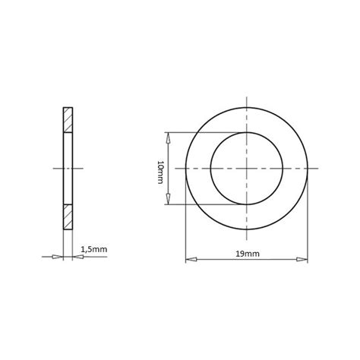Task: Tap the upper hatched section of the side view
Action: click(x=68, y=119)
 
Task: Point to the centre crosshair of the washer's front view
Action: click(x=247, y=168)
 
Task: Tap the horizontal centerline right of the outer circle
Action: click(x=314, y=168)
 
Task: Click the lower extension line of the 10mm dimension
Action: click(x=190, y=204)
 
